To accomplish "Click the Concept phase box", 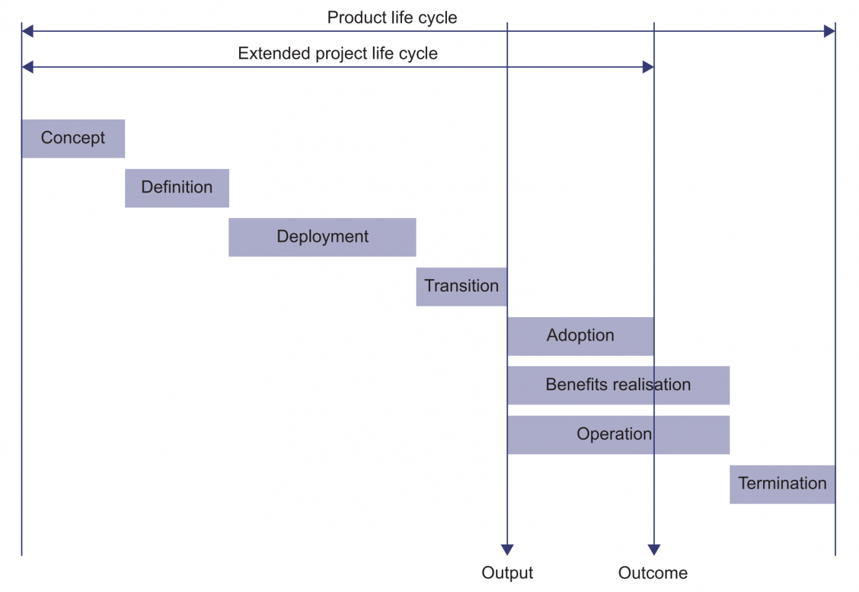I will (x=73, y=138).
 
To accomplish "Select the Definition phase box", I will (x=177, y=188).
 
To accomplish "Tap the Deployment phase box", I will (x=322, y=237).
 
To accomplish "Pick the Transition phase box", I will (x=461, y=286).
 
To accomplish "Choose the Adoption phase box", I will (x=580, y=336).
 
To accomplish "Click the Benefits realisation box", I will (x=618, y=385).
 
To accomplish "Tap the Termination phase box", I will (x=782, y=484).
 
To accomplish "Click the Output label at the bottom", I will (x=507, y=573).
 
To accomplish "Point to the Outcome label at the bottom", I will (x=653, y=573).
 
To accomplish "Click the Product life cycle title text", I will (x=392, y=17).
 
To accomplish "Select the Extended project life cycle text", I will (x=337, y=54).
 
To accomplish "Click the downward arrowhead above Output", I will (x=507, y=549).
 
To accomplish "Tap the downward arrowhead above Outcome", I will (x=654, y=549).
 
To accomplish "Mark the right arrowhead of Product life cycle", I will (x=829, y=31).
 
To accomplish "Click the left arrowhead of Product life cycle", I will (x=27, y=31).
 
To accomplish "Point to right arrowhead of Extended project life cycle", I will (x=648, y=67).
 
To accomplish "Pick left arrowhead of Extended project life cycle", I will (x=27, y=67).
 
